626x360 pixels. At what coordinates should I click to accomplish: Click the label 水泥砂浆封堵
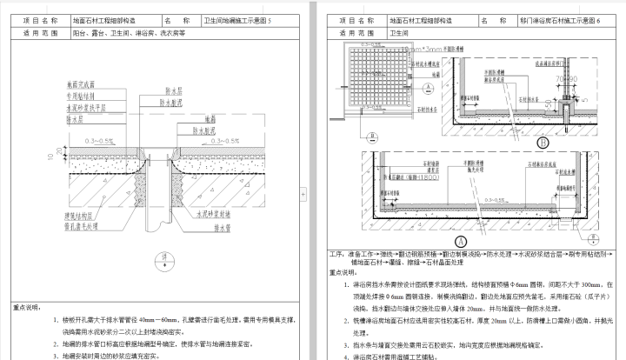pyautogui.click(x=213, y=214)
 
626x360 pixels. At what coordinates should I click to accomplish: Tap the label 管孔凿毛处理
pyautogui.click(x=80, y=224)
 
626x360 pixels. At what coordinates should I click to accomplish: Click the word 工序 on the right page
pyautogui.click(x=338, y=254)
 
